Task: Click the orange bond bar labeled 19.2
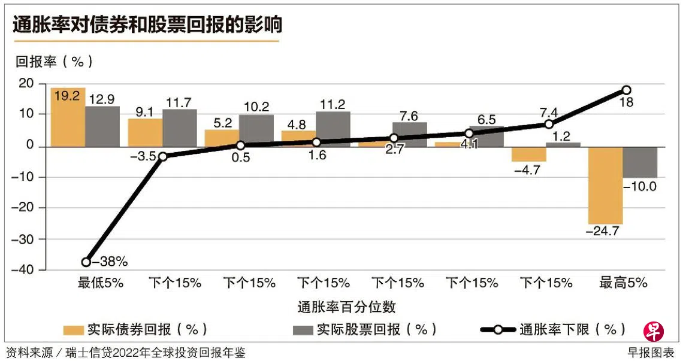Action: pos(68,117)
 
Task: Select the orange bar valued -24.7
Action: pos(605,185)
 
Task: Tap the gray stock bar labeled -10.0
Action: pos(640,162)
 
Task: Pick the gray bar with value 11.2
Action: pos(333,129)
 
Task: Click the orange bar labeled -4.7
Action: pos(528,154)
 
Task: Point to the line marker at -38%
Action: pos(86,262)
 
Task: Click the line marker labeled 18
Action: pos(626,90)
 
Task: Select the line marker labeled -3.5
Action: pos(162,156)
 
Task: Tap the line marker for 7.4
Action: pos(548,124)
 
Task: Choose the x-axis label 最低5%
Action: pos(101,283)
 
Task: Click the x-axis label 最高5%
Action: pos(624,283)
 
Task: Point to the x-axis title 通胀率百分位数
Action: pos(347,307)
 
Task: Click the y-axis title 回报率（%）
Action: pos(54,61)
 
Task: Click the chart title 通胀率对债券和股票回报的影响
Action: pos(147,25)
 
